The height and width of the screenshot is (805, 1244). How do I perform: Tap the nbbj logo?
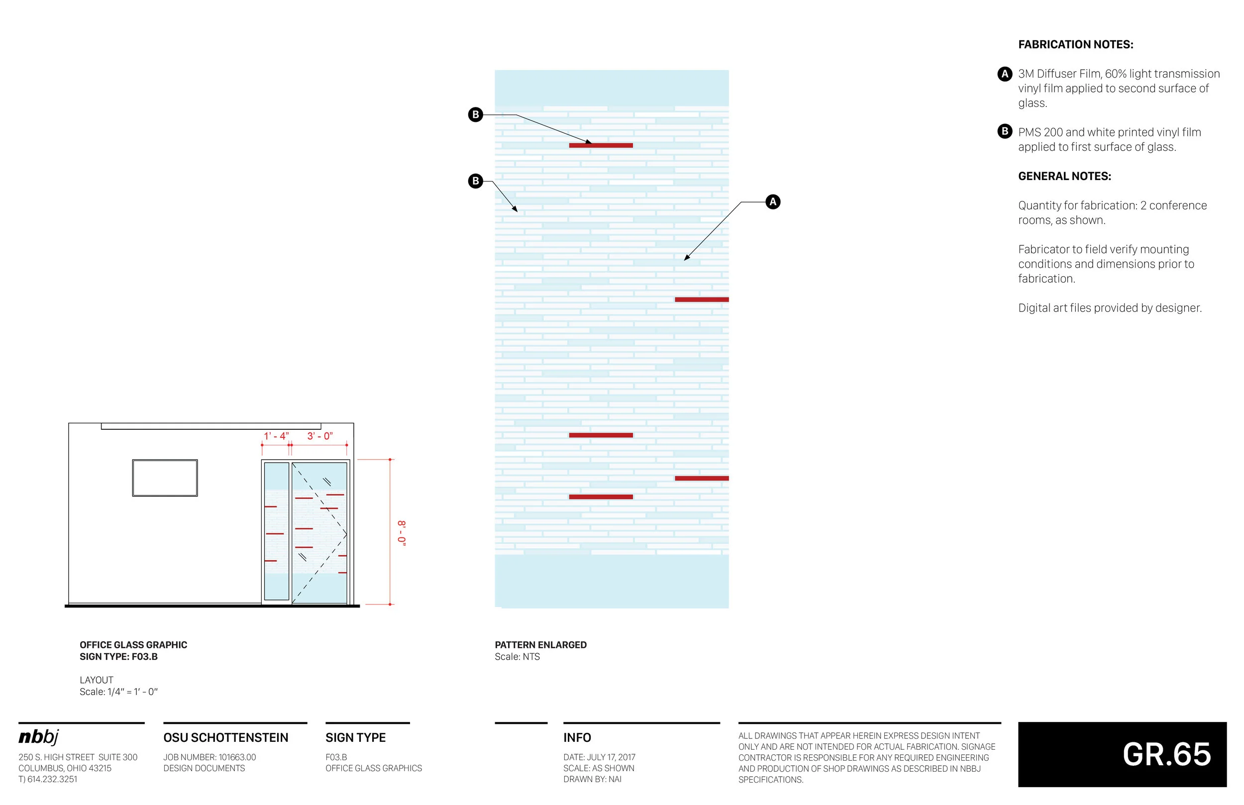coord(39,737)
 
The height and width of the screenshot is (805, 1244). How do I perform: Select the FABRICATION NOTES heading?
coord(1075,45)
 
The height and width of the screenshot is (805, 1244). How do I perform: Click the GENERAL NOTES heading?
coord(1064,177)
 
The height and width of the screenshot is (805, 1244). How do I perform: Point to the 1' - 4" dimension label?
coord(276,436)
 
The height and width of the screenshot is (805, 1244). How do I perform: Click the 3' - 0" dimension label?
coord(320,436)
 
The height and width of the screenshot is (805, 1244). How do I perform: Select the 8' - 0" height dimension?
coord(402,533)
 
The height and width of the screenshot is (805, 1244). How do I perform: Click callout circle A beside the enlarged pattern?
coord(773,202)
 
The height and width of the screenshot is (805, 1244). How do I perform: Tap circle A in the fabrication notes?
coord(1004,74)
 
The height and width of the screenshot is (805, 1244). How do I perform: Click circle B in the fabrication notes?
coord(1004,131)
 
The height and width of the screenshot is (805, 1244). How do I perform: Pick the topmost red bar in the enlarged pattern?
coord(601,145)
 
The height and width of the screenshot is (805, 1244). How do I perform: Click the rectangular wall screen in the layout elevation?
coord(165,478)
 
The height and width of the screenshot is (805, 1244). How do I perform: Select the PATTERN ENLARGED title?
coord(540,645)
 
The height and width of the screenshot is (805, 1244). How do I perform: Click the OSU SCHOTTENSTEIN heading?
coord(226,737)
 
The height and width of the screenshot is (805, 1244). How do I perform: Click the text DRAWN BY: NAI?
coord(592,780)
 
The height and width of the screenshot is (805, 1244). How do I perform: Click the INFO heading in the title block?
coord(577,737)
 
